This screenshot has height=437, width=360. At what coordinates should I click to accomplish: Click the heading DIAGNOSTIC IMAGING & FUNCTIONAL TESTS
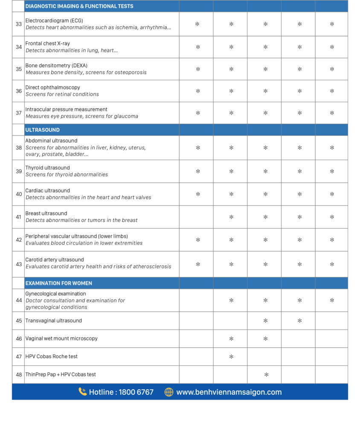pos(79,6)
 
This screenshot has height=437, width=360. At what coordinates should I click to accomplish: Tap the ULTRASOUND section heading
pos(43,130)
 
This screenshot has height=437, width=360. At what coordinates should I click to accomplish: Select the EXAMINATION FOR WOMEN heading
pos(59,283)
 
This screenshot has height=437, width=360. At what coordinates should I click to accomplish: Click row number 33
pos(19,24)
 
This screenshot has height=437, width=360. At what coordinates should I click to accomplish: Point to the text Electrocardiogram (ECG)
pos(54,20)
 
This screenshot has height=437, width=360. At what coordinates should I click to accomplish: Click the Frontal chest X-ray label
pos(48,44)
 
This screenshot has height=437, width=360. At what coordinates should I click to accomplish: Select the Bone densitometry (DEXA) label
pos(57,65)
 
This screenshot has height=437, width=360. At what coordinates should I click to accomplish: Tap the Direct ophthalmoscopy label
pos(53,87)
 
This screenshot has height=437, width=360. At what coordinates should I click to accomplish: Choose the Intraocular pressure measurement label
pos(67,109)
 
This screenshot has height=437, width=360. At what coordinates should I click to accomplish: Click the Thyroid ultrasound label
pos(48,168)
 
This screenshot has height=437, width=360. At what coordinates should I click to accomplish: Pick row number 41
pos(19,217)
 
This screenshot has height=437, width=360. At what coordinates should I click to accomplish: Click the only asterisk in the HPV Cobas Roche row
pos(231,357)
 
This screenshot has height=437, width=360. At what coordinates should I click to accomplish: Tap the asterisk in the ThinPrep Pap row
pos(266,375)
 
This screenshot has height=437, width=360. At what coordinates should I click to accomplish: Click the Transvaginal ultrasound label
pos(54,320)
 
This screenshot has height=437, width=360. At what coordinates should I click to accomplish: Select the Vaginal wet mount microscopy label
pos(61,338)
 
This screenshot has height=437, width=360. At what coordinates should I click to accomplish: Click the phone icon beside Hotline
pos(83,392)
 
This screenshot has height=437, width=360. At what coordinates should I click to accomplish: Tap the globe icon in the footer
pos(169,392)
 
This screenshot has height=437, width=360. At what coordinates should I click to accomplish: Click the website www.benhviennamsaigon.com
pos(229,392)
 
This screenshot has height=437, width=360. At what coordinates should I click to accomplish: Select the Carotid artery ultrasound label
pos(55,259)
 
